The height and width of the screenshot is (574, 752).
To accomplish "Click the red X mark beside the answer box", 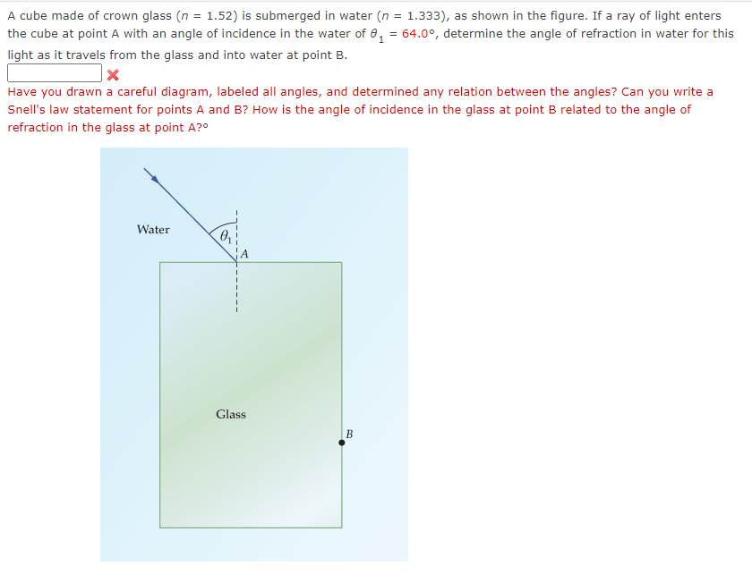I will point(113,74).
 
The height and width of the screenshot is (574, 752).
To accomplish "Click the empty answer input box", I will point(55,73).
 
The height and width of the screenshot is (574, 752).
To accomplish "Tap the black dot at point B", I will point(341,442).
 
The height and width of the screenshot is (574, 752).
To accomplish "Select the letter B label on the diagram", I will point(349,434).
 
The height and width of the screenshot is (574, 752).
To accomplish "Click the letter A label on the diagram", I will point(244,254).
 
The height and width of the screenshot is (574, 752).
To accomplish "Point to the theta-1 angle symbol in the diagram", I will point(226,237).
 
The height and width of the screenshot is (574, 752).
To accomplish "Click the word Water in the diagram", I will point(153,230).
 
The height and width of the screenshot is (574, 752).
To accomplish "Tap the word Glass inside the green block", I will point(231,414).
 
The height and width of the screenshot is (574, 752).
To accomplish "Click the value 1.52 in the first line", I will point(218,15).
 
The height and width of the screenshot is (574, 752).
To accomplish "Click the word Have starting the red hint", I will point(22,91).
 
